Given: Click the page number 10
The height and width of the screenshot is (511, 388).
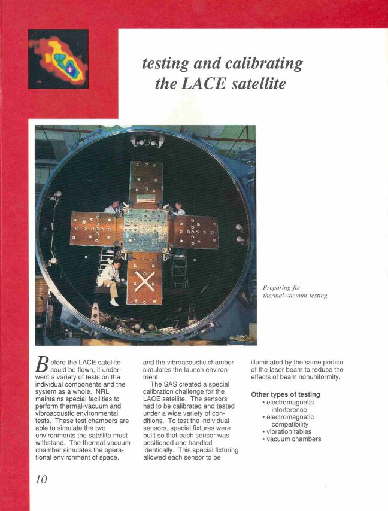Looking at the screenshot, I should [38, 479].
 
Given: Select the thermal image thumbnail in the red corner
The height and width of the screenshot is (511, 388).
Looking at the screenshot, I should [58, 59].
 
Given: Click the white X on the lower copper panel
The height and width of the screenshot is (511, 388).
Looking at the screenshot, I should [144, 279].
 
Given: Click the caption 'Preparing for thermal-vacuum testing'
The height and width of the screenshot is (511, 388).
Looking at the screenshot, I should [295, 291].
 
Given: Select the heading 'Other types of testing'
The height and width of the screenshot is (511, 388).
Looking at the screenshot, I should [286, 394].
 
